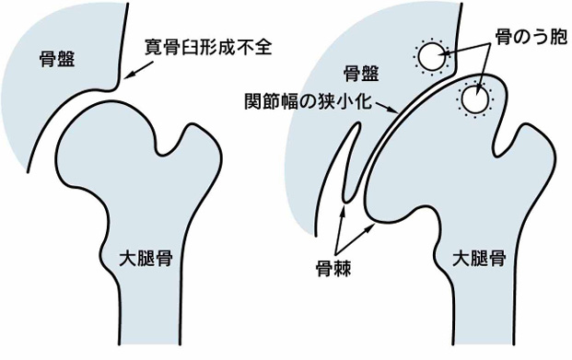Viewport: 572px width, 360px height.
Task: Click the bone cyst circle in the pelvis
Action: coord(430,58)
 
